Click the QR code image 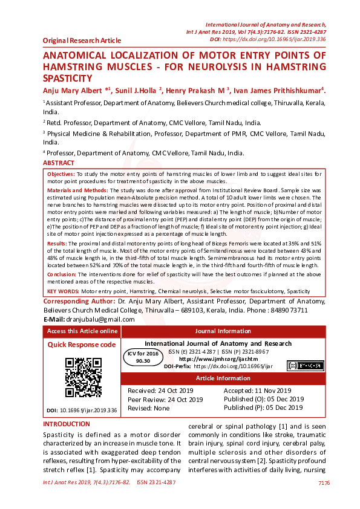point(83,378)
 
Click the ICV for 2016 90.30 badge point(143,356)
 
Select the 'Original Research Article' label point(82,41)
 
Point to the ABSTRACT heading point(59,163)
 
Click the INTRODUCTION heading point(67,424)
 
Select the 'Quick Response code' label point(82,345)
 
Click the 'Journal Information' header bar point(223,331)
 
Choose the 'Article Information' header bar point(223,379)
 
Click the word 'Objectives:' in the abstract point(61,173)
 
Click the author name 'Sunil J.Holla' point(136,90)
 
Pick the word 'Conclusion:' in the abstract point(63,274)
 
